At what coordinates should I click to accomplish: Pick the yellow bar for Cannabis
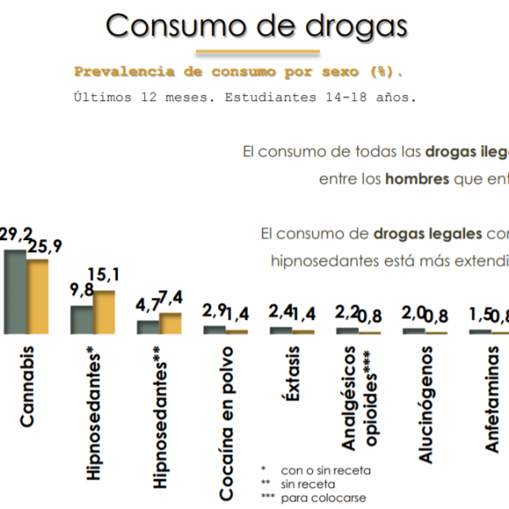tap(37, 296)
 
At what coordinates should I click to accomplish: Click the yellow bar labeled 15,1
tap(103, 312)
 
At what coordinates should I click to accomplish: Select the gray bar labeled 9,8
tap(81, 319)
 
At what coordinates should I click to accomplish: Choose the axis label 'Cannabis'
tap(26, 385)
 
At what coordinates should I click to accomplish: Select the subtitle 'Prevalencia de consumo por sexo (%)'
tap(238, 71)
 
